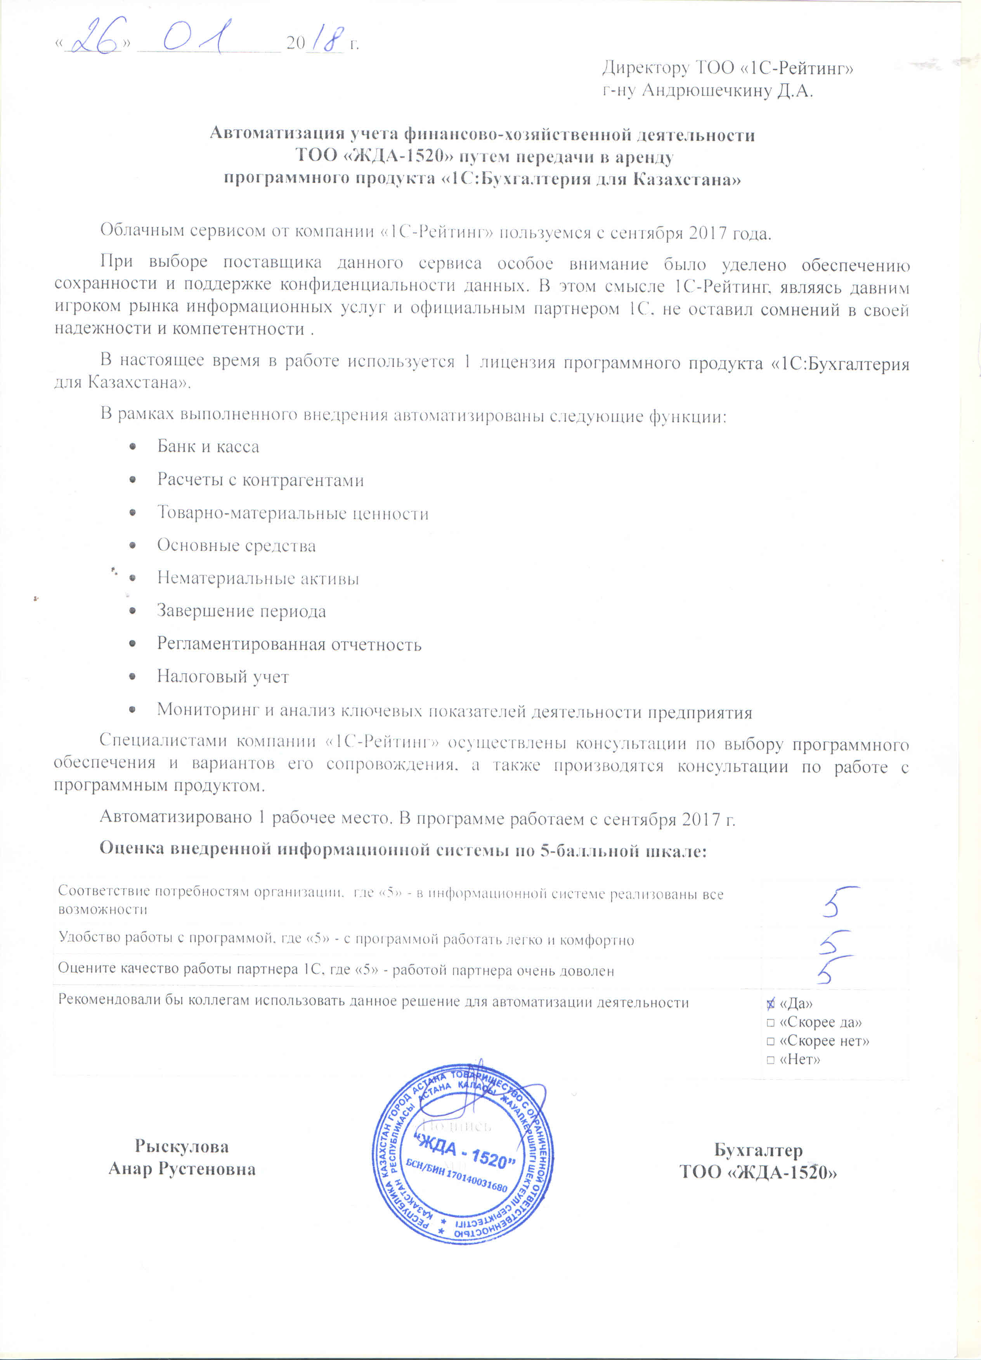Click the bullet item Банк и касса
[x=208, y=447]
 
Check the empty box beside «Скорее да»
[x=771, y=1022]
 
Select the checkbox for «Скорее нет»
[x=771, y=1041]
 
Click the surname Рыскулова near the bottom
[x=182, y=1147]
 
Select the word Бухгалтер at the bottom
[x=758, y=1150]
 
